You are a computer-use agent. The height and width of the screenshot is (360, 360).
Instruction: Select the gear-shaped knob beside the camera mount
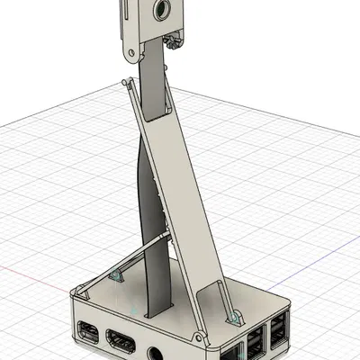[174, 38]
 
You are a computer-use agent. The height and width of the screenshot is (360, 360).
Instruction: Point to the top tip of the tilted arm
[122, 83]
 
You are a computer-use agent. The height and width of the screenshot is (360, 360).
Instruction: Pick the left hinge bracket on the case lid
[115, 274]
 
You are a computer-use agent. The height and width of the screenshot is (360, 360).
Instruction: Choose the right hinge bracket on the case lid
[235, 316]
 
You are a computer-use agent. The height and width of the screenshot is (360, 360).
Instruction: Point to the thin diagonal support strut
[121, 261]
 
